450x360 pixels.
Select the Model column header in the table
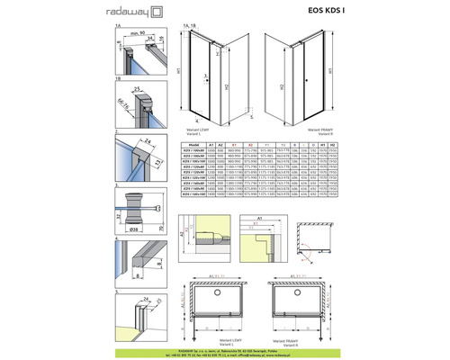point(190,142)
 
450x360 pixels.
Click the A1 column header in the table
point(210,142)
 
